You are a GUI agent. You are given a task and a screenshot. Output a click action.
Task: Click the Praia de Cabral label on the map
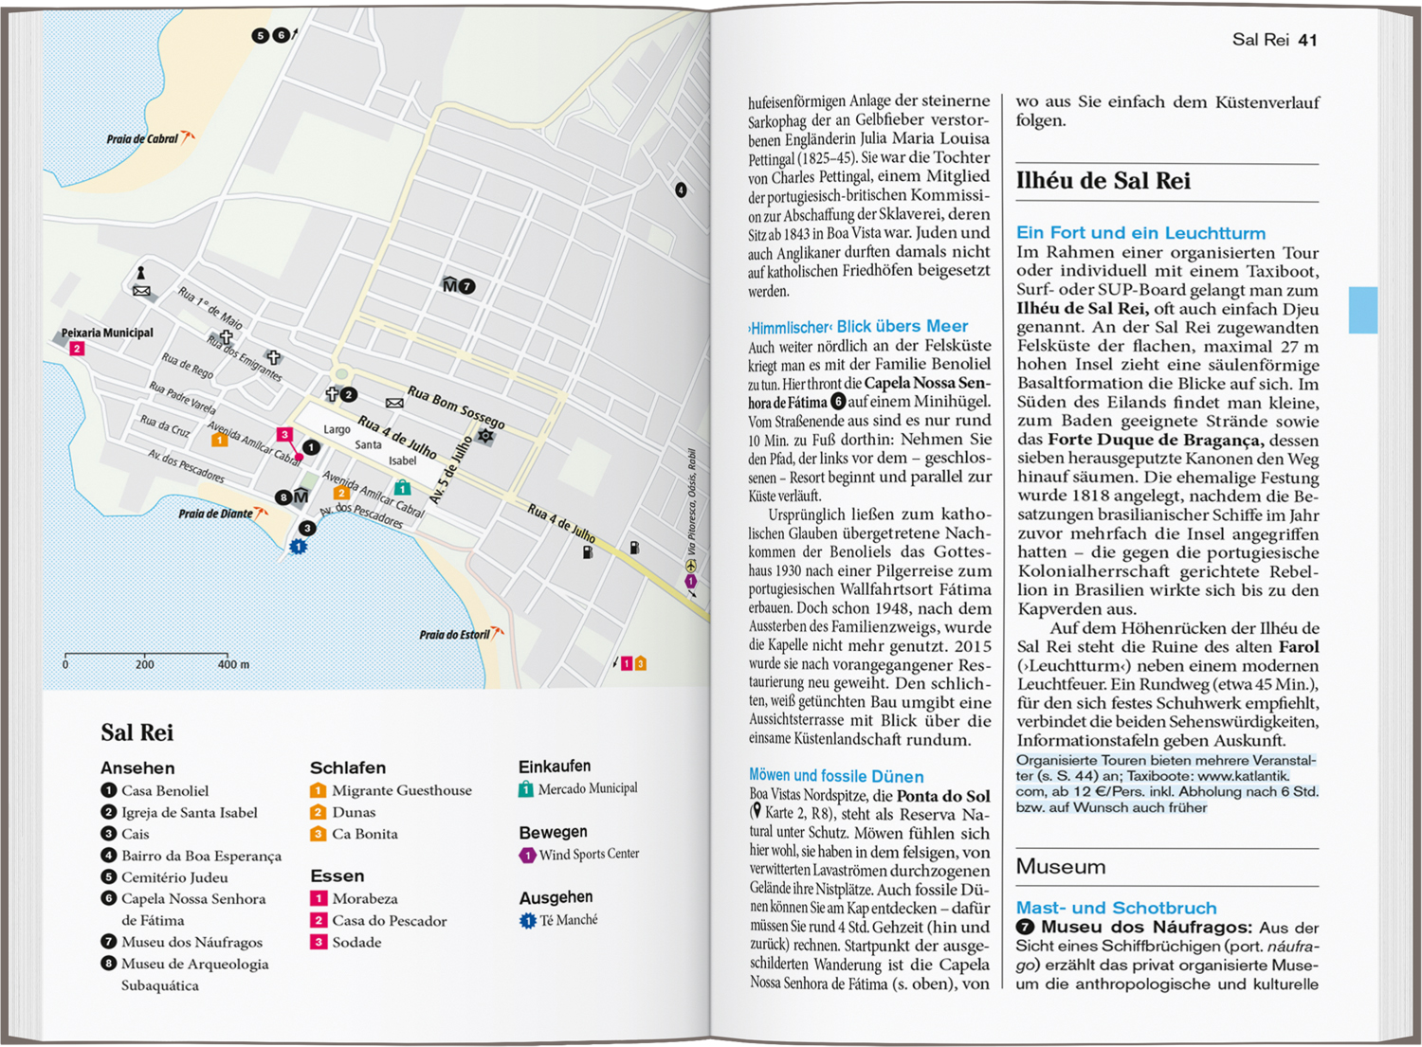[x=142, y=138]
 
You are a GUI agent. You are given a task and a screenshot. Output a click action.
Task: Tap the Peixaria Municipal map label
[x=107, y=333]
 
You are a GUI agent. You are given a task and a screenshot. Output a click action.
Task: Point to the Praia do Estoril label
[x=454, y=635]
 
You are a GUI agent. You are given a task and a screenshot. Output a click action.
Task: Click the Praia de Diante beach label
[x=215, y=514]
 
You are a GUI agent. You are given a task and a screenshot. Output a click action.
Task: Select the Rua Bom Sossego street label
[x=456, y=406]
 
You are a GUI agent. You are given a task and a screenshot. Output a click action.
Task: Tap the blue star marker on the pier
[x=299, y=547]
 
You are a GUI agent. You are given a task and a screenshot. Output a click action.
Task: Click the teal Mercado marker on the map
[x=403, y=487]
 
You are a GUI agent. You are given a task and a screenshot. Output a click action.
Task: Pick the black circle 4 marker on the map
[x=681, y=190]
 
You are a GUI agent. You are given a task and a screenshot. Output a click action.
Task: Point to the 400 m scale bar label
[x=234, y=664]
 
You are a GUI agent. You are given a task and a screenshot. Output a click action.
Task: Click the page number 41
[x=1308, y=40]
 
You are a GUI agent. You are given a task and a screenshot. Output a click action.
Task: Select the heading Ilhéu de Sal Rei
[x=1103, y=181]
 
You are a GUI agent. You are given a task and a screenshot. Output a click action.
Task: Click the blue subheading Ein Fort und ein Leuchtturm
[x=1140, y=233]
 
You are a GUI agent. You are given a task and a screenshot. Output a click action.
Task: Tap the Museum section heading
[x=1061, y=867]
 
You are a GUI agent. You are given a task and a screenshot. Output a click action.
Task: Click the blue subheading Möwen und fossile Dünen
[x=836, y=776]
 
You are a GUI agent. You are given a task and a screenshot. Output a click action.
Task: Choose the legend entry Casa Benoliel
[x=165, y=790]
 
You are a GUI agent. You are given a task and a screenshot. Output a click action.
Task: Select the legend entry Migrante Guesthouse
[x=401, y=790]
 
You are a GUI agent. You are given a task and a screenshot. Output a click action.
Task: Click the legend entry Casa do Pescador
[x=389, y=920]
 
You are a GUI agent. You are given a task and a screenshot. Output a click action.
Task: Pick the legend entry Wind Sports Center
[x=589, y=855]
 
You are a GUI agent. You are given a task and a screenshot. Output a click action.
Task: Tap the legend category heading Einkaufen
[x=555, y=767]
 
